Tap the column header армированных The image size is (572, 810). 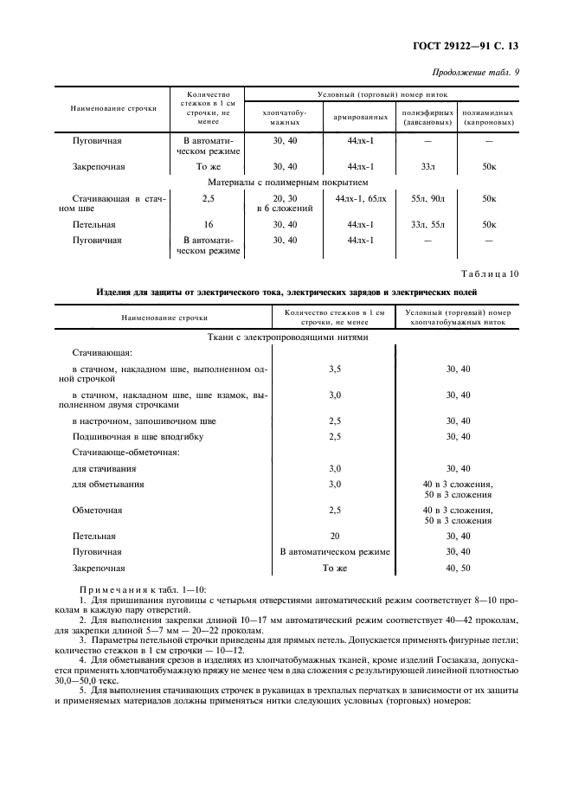[x=359, y=116]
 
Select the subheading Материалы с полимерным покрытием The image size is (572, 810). [x=288, y=183]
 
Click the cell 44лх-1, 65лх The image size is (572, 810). [x=360, y=199]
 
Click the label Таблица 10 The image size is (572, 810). [x=491, y=274]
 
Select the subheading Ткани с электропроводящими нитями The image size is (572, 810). [x=288, y=337]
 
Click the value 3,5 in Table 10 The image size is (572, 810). [x=335, y=369]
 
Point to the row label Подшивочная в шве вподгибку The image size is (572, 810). [x=138, y=436]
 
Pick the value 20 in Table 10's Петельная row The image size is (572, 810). [x=335, y=536]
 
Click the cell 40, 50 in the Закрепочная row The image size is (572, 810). [x=458, y=569]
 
